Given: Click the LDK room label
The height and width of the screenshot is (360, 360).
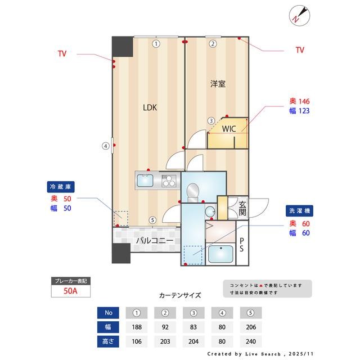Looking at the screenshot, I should pos(149,107).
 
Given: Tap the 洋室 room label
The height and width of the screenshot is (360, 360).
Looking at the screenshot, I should pos(218,84).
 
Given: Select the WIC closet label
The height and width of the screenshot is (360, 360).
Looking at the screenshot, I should pos(228,129).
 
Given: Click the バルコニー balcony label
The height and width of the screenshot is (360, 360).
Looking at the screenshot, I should pos(154,241).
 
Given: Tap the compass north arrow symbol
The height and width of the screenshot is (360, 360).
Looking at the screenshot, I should pos(298,15).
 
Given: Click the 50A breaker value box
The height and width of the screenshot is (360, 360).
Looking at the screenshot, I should pos(70,292).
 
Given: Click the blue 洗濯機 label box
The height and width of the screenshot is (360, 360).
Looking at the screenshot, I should pos(298,210).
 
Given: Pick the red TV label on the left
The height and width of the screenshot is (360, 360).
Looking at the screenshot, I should pos(62,54).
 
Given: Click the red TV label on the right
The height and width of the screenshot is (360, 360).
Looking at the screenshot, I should pos(300,50).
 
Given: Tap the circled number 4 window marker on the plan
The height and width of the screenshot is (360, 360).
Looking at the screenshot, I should pos(105,146).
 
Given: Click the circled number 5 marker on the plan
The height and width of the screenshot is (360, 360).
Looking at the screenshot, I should pos(152,220).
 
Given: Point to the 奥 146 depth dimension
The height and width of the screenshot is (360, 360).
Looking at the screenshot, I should pos(300,101).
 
